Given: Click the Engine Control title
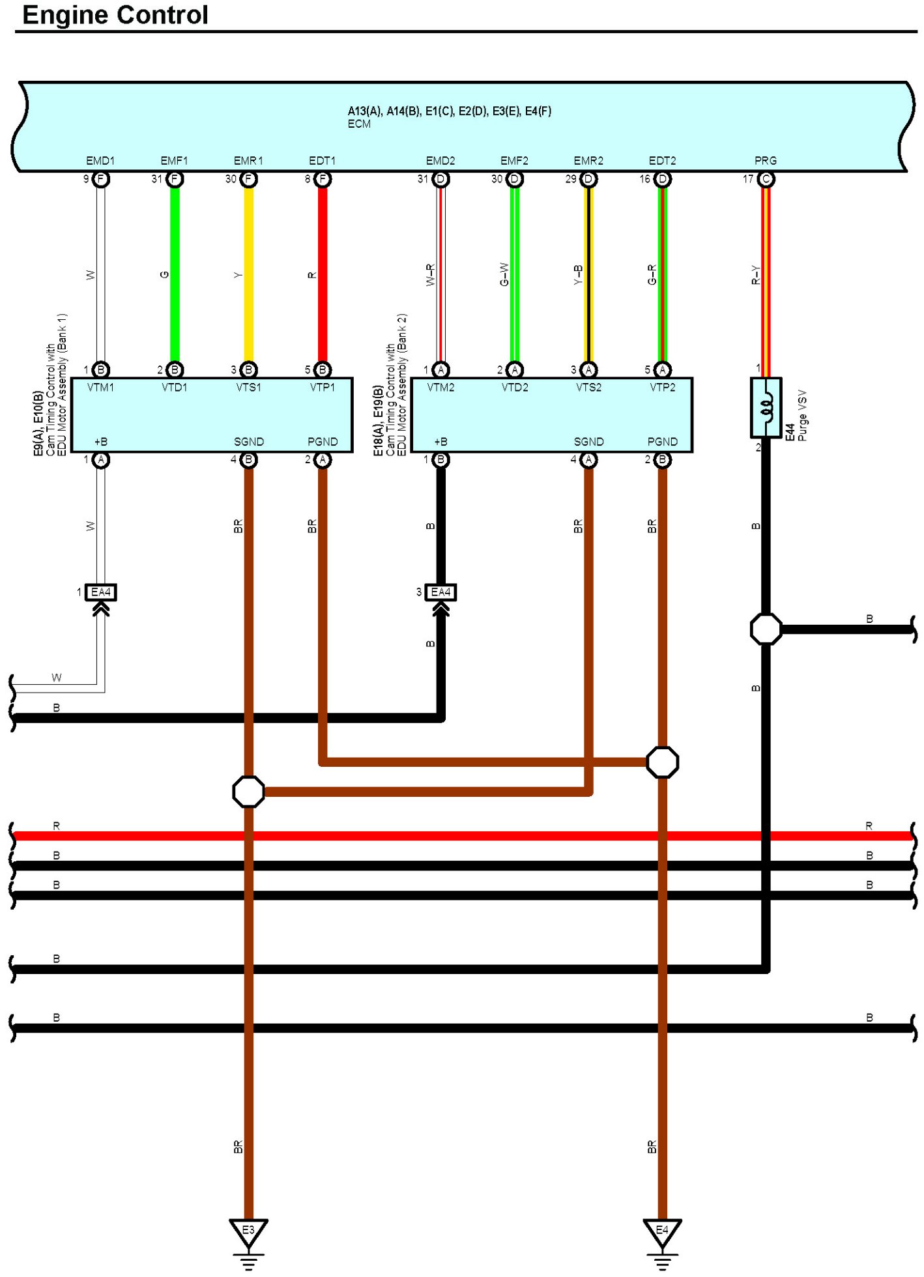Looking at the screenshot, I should pos(115,15).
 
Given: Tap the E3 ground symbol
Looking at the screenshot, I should pos(248,1231).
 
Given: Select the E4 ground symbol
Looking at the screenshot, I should pos(662,1231).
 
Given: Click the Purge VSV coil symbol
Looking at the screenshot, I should pos(766,407).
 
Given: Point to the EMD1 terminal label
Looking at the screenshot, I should pos(100,160).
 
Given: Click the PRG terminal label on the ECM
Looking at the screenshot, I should pos(766,160).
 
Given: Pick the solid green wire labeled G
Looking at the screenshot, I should pos(175,274).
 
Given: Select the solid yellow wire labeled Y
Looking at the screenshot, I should pos(249,274).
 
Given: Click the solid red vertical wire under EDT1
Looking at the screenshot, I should pos(323,274).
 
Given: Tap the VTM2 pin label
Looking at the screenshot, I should pos(440,388).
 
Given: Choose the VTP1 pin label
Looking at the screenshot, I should pos(323,388).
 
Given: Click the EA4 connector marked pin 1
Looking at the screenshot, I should pos(101,592).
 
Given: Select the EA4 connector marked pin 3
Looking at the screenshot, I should pos(441,592).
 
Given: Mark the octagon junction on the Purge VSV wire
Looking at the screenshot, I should pos(766,629).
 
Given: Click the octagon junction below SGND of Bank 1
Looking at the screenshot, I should pos(248,792).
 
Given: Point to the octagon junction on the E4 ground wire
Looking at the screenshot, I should pos(662,762).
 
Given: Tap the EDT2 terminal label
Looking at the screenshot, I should pos(662,160).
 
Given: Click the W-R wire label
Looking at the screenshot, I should pos(430,275).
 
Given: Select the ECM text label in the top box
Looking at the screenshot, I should pos(359,124).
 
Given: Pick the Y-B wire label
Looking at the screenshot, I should pos(578,275).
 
